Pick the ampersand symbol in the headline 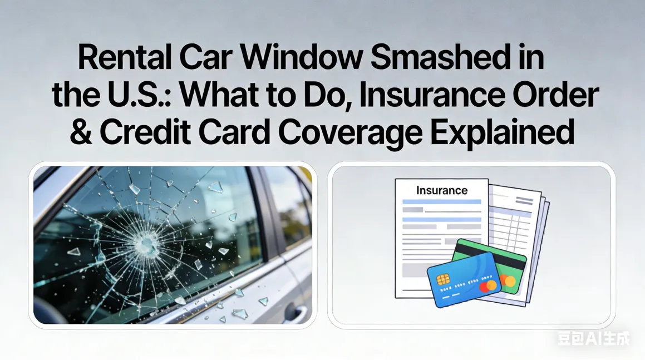click(x=81, y=132)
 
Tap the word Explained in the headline click(x=520, y=132)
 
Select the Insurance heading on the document click(x=441, y=190)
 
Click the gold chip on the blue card click(x=444, y=279)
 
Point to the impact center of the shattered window click(x=146, y=243)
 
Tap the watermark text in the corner click(x=593, y=338)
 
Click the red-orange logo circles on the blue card click(x=488, y=286)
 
